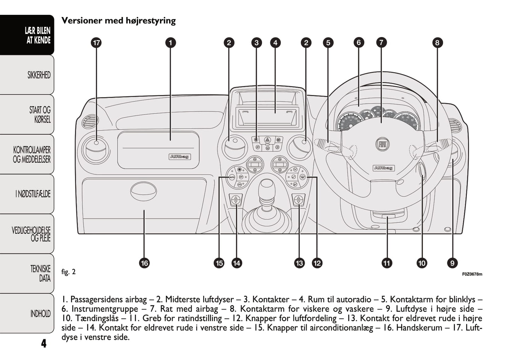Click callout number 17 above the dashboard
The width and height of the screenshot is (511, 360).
96,43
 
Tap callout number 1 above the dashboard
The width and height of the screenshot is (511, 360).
170,43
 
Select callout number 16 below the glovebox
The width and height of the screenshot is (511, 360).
144,263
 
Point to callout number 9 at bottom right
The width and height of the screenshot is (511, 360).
452,263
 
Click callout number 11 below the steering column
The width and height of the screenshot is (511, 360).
387,263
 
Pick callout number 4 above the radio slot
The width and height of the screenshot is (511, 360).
275,43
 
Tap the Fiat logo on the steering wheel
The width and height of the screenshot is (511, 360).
382,144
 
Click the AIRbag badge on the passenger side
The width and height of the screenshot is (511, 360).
180,157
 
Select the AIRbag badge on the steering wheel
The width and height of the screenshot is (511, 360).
383,168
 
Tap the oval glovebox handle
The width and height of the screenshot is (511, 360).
143,191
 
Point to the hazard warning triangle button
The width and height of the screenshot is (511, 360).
267,140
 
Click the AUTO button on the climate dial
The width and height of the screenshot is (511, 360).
232,177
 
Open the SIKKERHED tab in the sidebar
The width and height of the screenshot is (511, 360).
39,75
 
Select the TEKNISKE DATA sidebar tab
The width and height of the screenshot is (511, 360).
40,273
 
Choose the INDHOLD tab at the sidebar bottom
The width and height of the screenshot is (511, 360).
40,314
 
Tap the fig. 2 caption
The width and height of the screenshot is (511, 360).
69,272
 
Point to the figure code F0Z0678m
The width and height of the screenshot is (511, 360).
472,274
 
